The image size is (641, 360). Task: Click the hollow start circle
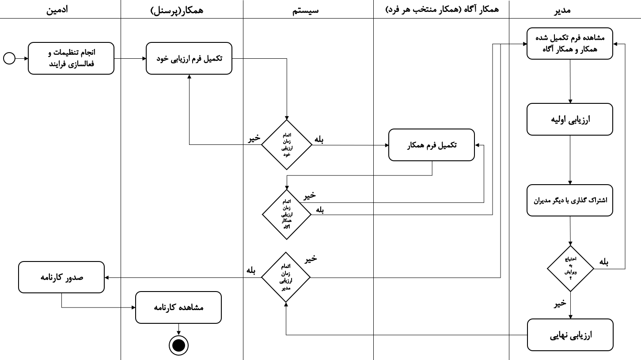pos(9,58)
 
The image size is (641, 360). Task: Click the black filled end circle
pos(178,345)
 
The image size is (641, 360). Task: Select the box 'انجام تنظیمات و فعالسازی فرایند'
pos(71,58)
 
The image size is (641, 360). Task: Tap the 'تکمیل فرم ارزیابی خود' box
pos(189,58)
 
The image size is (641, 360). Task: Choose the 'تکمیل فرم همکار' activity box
pos(432,145)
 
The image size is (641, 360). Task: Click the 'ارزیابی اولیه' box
pos(570,119)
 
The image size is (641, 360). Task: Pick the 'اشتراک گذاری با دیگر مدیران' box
pos(570,200)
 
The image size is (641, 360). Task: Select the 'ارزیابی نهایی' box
pos(570,335)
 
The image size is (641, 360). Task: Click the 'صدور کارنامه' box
pos(61,277)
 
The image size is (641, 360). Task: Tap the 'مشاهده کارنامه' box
pos(178,307)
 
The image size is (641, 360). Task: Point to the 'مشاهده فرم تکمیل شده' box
pos(570,43)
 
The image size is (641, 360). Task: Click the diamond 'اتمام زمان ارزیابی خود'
pos(287,145)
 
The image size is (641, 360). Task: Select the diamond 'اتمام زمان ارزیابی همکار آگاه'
pos(287,215)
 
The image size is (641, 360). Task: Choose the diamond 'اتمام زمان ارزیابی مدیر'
pos(286,277)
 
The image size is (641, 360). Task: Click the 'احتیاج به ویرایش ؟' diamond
pos(570,269)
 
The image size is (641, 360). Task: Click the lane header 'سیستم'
pos(305,10)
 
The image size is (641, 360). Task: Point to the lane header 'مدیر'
pos(562,10)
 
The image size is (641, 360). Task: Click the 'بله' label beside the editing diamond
pos(603,261)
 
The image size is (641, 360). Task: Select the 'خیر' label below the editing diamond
pos(560,303)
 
